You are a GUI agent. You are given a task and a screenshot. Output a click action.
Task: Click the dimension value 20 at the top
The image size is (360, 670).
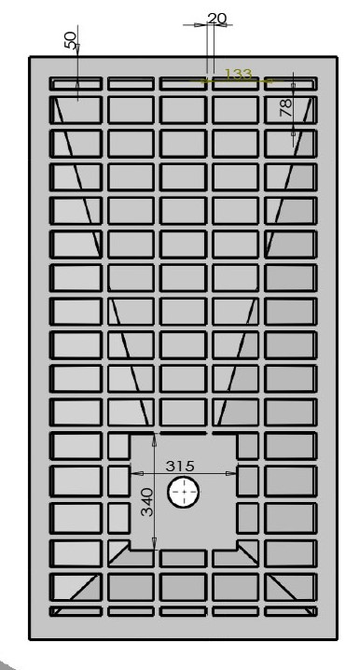pyautogui.click(x=216, y=19)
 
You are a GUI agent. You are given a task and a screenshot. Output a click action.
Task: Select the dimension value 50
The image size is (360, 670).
pyautogui.click(x=71, y=40)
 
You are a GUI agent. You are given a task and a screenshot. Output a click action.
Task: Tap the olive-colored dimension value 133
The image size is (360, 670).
pyautogui.click(x=239, y=75)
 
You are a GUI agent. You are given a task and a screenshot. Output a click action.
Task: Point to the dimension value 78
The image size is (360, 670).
pyautogui.click(x=285, y=107)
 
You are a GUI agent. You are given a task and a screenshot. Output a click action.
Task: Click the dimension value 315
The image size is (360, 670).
pyautogui.click(x=180, y=466)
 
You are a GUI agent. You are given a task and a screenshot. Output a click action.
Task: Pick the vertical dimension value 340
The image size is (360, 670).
pyautogui.click(x=147, y=502)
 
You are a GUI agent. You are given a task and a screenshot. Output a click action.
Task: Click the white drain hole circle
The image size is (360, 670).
pyautogui.click(x=184, y=493)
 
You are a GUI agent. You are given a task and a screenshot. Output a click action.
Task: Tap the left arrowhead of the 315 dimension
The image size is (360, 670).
pyautogui.click(x=136, y=473)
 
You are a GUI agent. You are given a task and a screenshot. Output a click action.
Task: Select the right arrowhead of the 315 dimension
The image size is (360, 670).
pyautogui.click(x=231, y=473)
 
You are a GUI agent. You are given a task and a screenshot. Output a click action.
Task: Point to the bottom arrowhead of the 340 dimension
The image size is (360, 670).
pyautogui.click(x=154, y=544)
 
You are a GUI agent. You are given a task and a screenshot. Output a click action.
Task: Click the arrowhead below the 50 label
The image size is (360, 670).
pyautogui.click(x=77, y=86)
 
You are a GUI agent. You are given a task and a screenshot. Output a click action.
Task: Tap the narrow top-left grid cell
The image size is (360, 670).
pyautogui.click(x=76, y=83)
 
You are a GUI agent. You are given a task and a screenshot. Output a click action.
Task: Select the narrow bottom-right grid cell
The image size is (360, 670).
pyautogui.click(x=290, y=611)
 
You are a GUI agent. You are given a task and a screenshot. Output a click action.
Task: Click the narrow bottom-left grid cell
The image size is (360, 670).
pyautogui.click(x=76, y=611)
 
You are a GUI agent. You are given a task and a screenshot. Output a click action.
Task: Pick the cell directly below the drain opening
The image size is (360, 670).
pyautogui.click(x=183, y=558)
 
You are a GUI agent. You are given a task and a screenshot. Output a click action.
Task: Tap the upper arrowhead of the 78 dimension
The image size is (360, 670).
pyautogui.click(x=294, y=88)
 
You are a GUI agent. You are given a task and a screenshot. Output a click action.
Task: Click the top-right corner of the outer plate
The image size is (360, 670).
pyautogui.click(x=338, y=57)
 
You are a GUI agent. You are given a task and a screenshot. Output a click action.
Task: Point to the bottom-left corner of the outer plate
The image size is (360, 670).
pyautogui.click(x=30, y=639)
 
